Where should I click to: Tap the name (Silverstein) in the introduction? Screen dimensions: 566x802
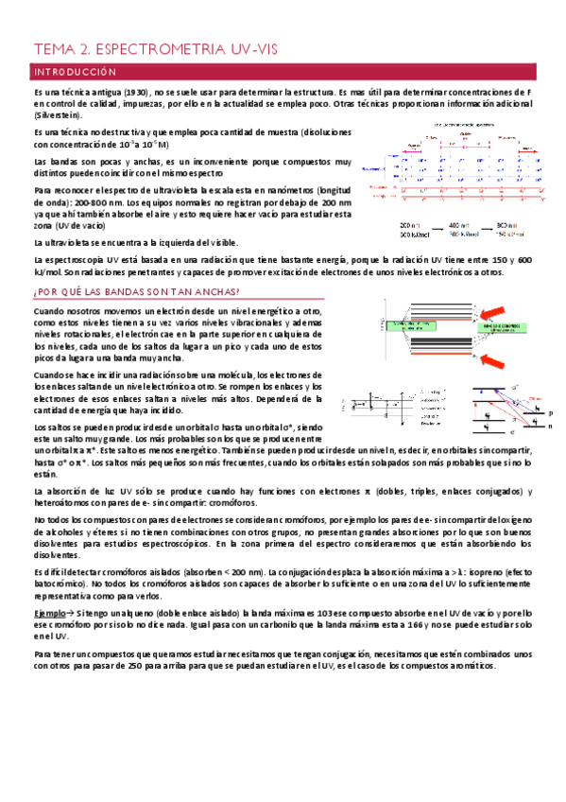[x=60, y=114]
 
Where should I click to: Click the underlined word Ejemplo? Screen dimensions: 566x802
[x=51, y=615]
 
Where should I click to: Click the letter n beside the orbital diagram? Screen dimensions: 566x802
[x=551, y=427]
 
